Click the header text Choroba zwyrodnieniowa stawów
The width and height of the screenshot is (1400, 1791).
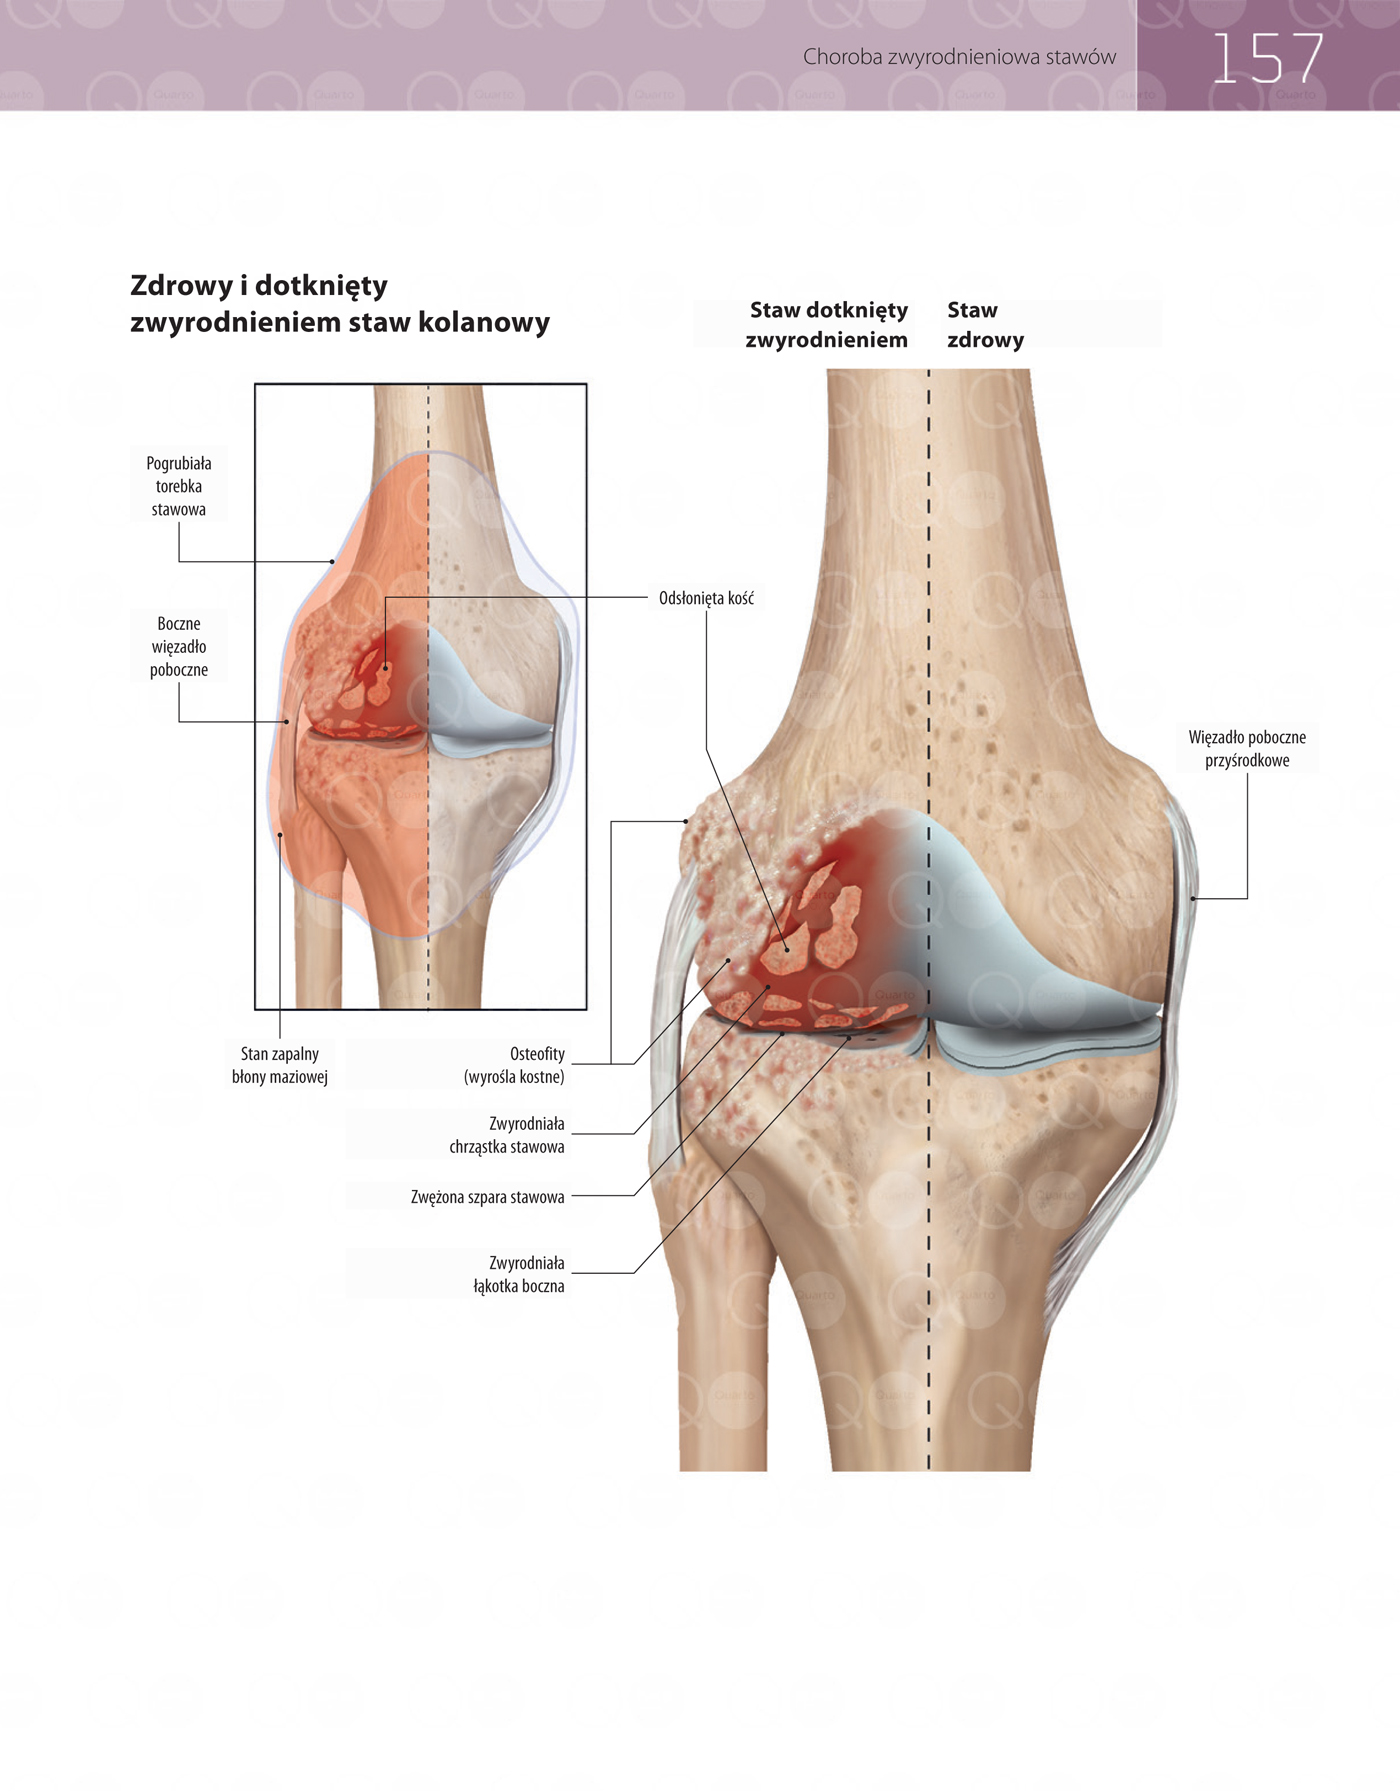click(x=959, y=57)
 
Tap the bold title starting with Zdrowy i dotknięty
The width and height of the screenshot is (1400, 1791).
click(x=340, y=303)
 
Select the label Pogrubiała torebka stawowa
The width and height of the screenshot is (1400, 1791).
click(x=179, y=486)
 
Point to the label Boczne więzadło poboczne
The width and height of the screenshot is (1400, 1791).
click(x=179, y=646)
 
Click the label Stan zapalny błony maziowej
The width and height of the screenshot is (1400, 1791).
click(x=280, y=1065)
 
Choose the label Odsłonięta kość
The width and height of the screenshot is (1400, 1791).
click(x=706, y=598)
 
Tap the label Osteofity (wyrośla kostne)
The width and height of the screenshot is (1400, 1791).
click(x=514, y=1065)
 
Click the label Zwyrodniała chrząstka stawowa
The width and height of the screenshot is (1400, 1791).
click(x=507, y=1135)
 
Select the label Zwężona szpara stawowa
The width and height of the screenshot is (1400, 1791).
click(x=488, y=1196)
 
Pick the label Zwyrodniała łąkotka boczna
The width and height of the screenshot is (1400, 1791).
click(x=519, y=1274)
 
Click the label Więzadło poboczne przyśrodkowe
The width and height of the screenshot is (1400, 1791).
click(x=1247, y=748)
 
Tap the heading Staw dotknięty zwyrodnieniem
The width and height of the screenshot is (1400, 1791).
click(x=827, y=324)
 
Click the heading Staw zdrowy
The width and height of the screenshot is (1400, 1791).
click(x=986, y=324)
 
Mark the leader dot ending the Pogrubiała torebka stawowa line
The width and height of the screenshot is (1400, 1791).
click(x=333, y=562)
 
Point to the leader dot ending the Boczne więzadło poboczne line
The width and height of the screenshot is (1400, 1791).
click(x=287, y=722)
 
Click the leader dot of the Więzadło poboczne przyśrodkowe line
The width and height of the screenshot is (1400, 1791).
click(x=1193, y=899)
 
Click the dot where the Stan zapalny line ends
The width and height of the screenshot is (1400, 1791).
click(x=280, y=834)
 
